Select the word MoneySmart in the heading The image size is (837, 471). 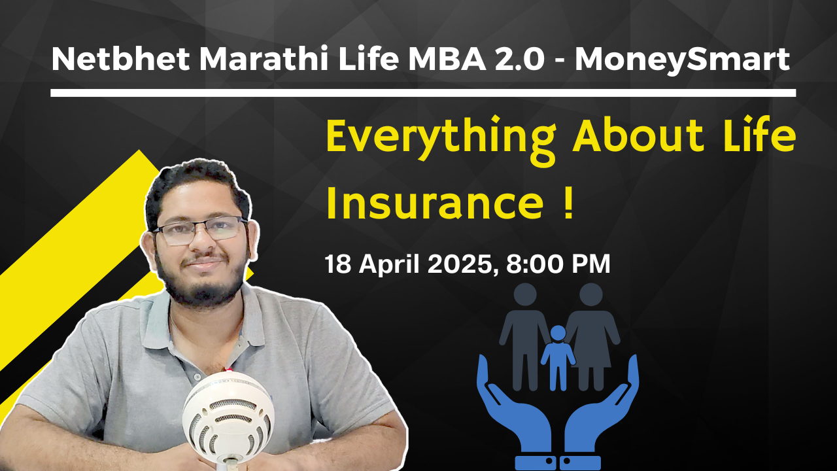681,61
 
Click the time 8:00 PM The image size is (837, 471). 558,264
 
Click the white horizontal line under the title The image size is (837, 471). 422,93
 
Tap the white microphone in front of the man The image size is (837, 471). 229,412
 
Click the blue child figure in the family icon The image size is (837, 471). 557,357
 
